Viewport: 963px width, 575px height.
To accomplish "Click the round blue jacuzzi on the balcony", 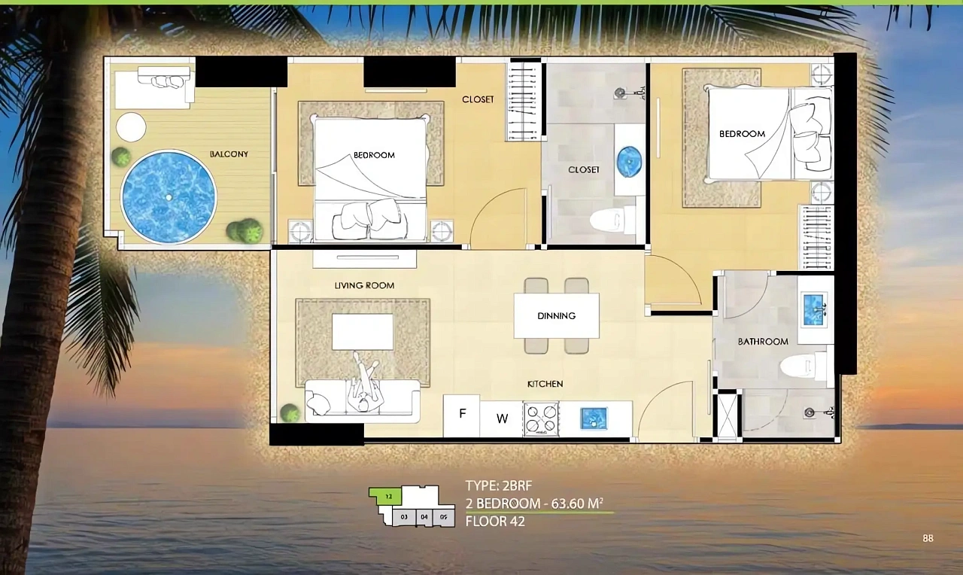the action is pyautogui.click(x=169, y=197).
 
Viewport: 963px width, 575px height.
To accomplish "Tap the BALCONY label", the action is pyautogui.click(x=229, y=154).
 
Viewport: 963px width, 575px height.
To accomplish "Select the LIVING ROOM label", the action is pyautogui.click(x=365, y=285).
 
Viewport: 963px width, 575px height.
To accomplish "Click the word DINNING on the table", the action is pyautogui.click(x=556, y=315).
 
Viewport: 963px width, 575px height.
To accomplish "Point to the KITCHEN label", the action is pyautogui.click(x=545, y=384).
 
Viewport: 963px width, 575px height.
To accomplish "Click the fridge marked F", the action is pyautogui.click(x=462, y=415).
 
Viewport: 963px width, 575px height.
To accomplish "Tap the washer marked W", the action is pyautogui.click(x=502, y=419).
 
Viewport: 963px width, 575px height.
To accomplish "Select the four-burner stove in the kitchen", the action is pyautogui.click(x=541, y=419).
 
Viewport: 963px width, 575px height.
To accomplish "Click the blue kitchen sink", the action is pyautogui.click(x=594, y=418).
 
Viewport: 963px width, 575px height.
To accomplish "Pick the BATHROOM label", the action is pyautogui.click(x=763, y=342).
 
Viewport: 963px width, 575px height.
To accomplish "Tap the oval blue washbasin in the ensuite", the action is pyautogui.click(x=630, y=162).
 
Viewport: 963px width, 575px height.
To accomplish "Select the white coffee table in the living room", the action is pyautogui.click(x=363, y=332).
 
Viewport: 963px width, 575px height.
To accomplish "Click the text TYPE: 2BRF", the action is pyautogui.click(x=499, y=485).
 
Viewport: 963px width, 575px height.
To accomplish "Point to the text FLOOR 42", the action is pyautogui.click(x=495, y=522).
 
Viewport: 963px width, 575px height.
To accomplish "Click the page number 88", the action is pyautogui.click(x=928, y=538).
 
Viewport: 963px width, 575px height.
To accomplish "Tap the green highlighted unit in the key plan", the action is pyautogui.click(x=387, y=497).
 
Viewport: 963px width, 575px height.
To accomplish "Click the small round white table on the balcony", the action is pyautogui.click(x=131, y=127).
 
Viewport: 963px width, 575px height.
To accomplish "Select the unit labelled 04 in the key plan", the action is pyautogui.click(x=424, y=517).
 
